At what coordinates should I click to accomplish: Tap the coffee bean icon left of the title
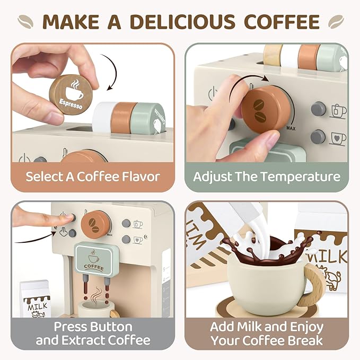25,21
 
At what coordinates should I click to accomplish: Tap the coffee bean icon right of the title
335,21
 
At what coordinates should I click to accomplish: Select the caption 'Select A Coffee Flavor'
93,177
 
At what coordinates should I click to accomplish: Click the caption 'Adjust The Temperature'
266,177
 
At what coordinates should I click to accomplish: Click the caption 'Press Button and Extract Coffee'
93,333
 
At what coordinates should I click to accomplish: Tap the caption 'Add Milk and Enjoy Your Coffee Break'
266,333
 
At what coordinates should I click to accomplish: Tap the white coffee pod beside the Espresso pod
105,113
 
